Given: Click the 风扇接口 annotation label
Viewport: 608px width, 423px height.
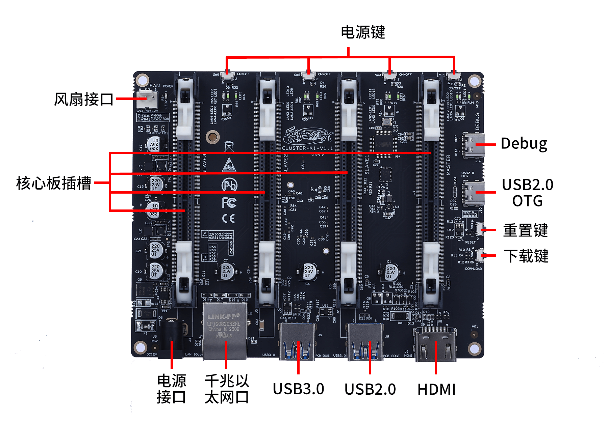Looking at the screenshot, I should click(x=83, y=99).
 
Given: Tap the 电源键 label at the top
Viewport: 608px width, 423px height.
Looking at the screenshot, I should click(x=363, y=32).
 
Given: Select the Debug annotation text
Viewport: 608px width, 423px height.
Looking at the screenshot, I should click(x=524, y=144).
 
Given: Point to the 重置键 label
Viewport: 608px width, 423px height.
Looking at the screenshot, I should click(x=526, y=231).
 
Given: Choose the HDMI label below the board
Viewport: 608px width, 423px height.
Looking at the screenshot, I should click(x=436, y=390).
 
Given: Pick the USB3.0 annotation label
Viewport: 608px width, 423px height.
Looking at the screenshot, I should click(x=298, y=389).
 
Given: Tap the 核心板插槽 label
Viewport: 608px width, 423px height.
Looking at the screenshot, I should click(x=54, y=183).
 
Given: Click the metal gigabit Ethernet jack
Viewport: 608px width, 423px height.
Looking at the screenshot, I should click(x=225, y=331).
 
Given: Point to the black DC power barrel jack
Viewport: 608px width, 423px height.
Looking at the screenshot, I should click(x=171, y=337).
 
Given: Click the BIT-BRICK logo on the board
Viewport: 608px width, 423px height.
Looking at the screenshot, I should click(x=308, y=136).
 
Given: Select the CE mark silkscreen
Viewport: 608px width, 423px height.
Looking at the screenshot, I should click(x=228, y=219).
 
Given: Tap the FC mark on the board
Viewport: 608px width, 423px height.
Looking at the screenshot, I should click(x=229, y=202).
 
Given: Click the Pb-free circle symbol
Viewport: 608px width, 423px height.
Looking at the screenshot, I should click(x=229, y=185).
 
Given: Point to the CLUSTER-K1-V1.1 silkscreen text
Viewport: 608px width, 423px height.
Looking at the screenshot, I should click(x=307, y=148).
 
